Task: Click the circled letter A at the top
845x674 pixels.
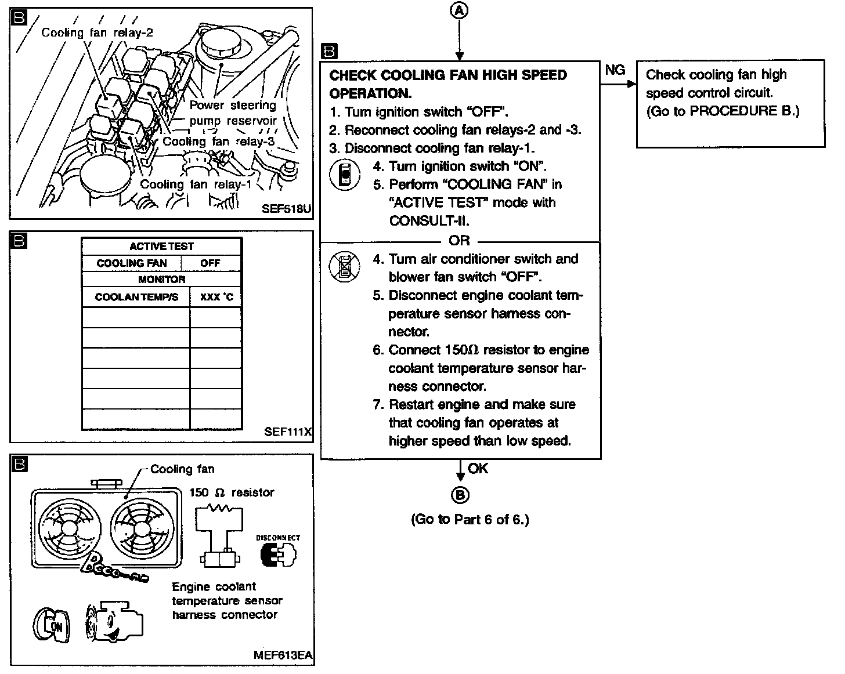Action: point(460,11)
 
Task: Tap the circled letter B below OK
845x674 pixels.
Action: point(460,495)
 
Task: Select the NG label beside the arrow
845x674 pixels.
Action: point(615,70)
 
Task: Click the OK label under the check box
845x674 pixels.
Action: point(478,468)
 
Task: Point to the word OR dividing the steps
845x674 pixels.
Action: point(459,240)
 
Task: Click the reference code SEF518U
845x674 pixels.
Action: point(287,208)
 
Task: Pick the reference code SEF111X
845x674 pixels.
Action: point(288,432)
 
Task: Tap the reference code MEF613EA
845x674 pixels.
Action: point(283,655)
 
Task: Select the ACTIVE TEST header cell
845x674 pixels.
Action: point(161,247)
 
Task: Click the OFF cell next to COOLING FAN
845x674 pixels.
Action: point(210,263)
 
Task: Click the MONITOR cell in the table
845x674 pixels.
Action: point(161,280)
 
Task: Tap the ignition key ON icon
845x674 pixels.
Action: point(50,626)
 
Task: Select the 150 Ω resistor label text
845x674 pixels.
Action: point(232,492)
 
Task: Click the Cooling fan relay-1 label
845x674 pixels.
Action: point(196,184)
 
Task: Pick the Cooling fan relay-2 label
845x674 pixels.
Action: point(97,32)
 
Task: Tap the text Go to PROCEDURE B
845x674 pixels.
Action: point(723,111)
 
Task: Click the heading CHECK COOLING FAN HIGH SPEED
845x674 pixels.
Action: point(448,75)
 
